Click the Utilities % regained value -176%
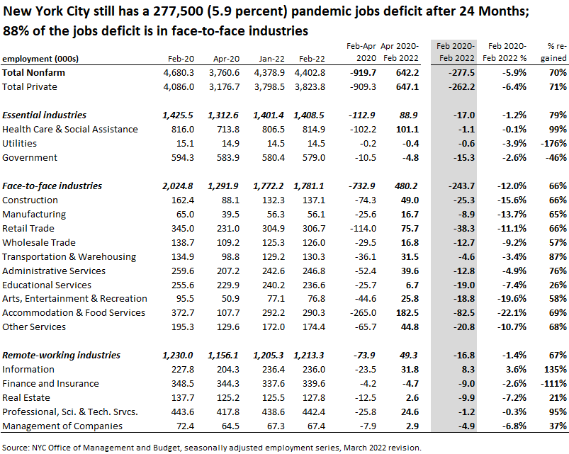click(552, 143)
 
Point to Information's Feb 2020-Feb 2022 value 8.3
click(465, 369)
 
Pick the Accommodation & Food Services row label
click(73, 312)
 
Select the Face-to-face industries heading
click(52, 186)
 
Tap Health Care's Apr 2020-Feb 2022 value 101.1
click(406, 129)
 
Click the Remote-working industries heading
click(62, 355)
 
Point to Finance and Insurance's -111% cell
click(552, 383)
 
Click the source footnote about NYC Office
click(212, 447)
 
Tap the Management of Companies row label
click(62, 426)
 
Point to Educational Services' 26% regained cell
click(556, 284)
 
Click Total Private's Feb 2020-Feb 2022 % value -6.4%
click(512, 86)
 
